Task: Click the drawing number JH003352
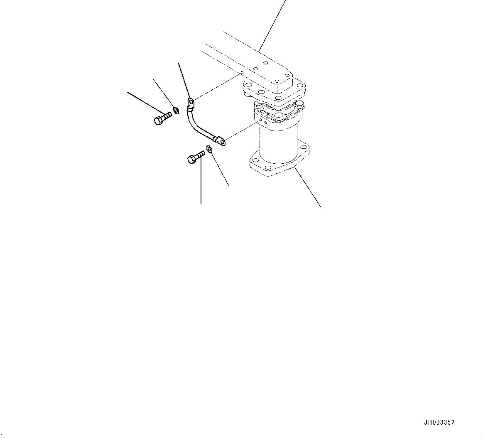pyautogui.click(x=439, y=422)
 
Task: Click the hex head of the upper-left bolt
pyautogui.click(x=158, y=121)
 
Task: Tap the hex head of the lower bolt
pyautogui.click(x=191, y=159)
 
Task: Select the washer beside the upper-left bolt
pyautogui.click(x=176, y=110)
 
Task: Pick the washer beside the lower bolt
pyautogui.click(x=209, y=149)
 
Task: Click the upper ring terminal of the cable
pyautogui.click(x=191, y=102)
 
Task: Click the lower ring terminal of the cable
pyautogui.click(x=221, y=141)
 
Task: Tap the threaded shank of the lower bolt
pyautogui.click(x=200, y=154)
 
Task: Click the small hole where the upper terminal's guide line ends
pyautogui.click(x=242, y=73)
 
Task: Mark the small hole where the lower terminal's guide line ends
pyautogui.click(x=260, y=120)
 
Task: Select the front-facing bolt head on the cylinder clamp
pyautogui.click(x=279, y=116)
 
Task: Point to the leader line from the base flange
pyautogui.click(x=307, y=187)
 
